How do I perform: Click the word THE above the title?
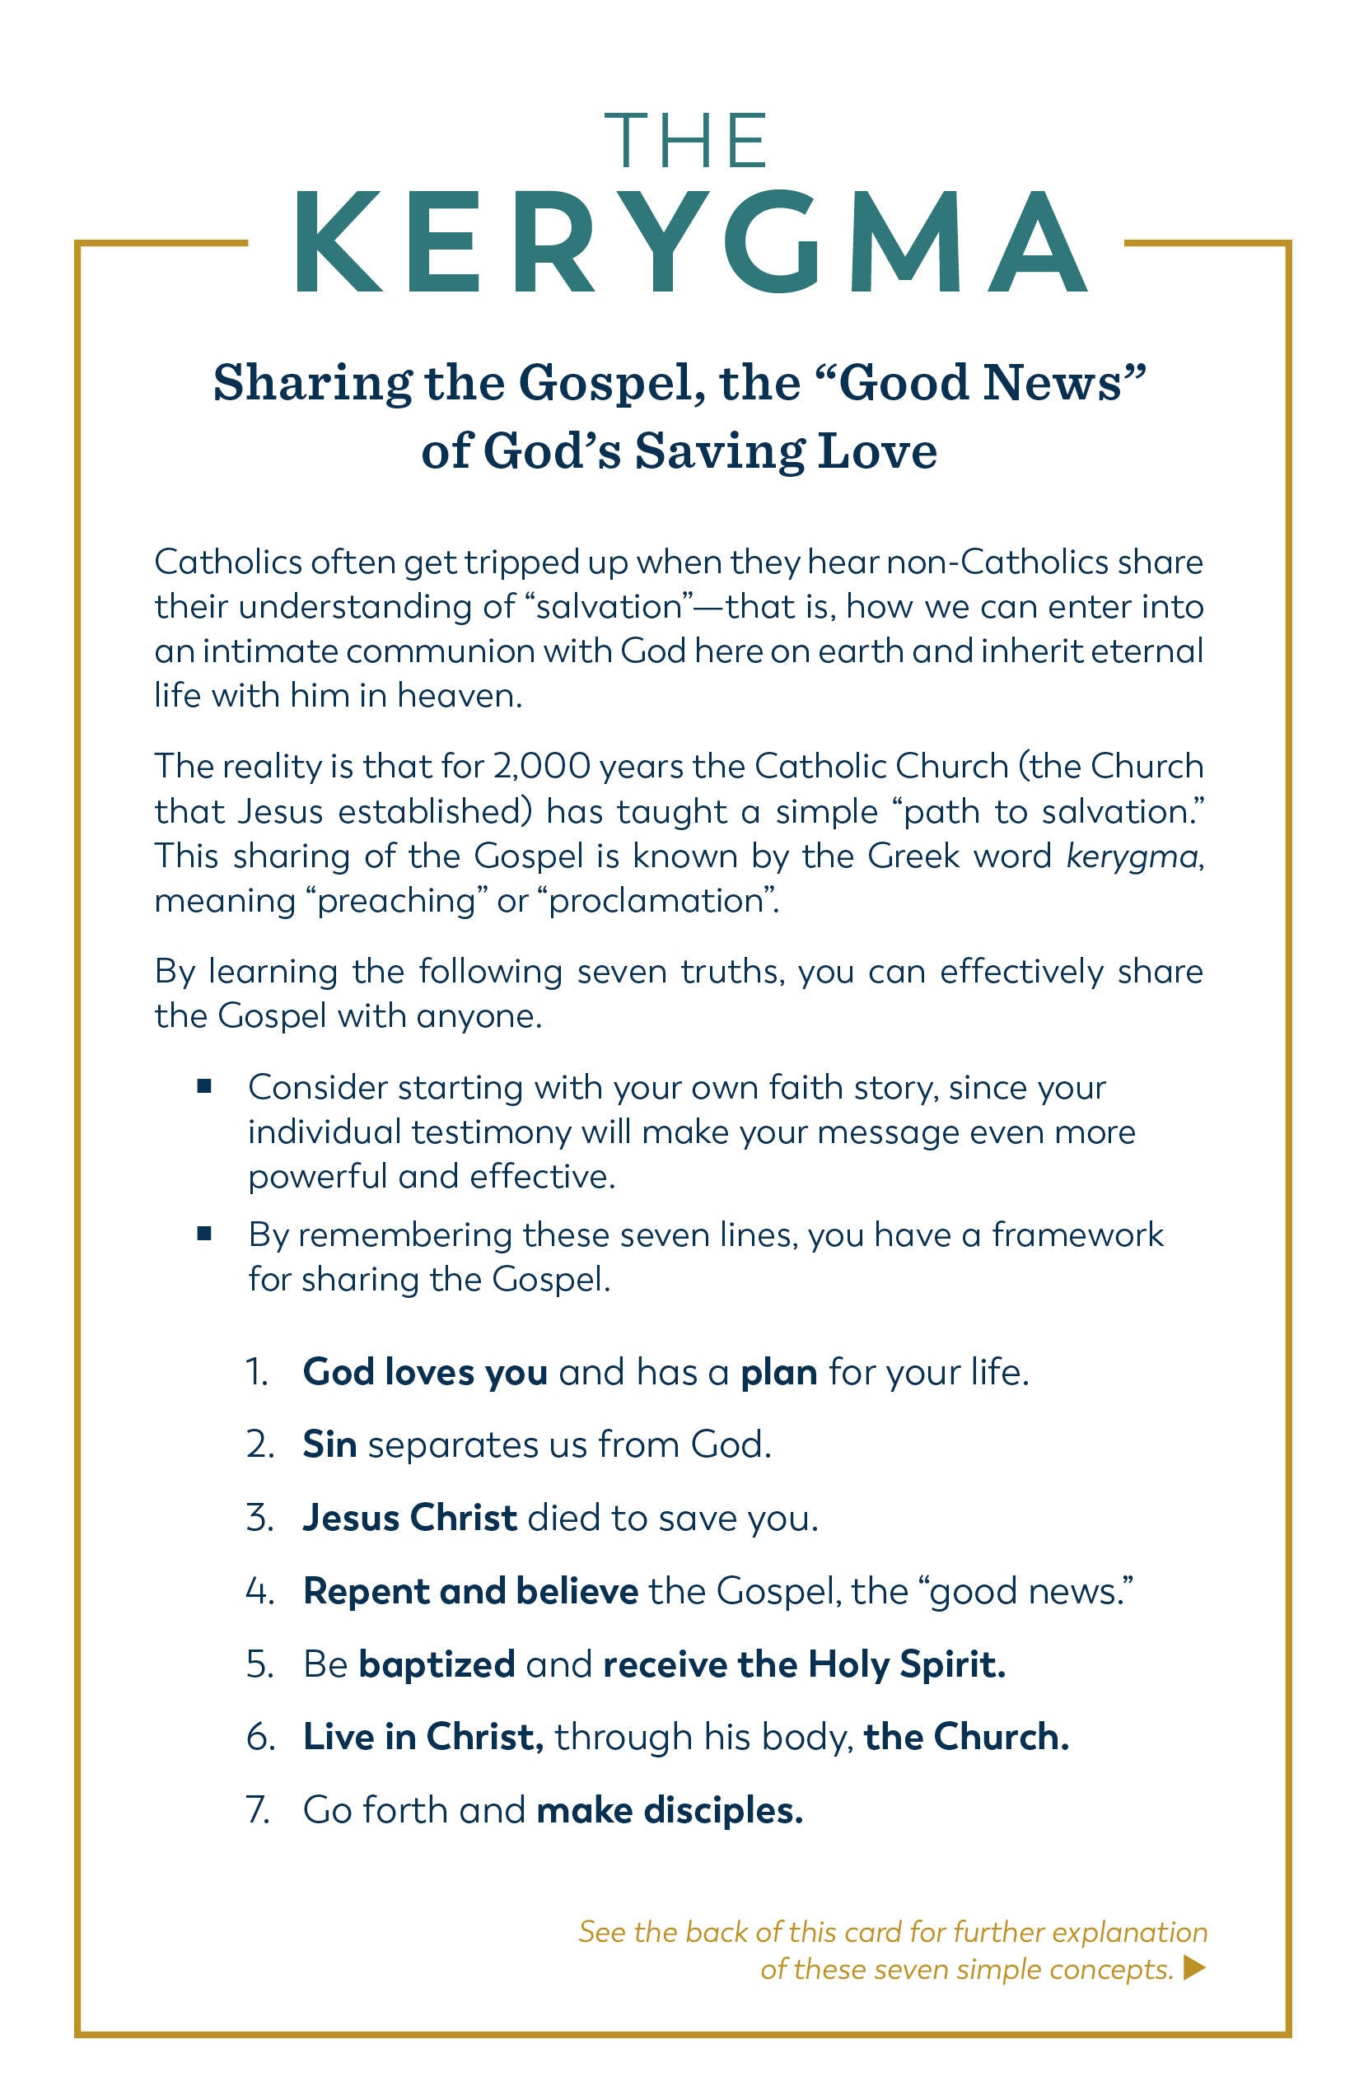click(685, 140)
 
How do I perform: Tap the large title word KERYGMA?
click(691, 243)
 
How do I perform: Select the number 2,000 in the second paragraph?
click(542, 766)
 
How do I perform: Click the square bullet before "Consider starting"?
click(205, 1087)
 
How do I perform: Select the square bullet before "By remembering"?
click(205, 1234)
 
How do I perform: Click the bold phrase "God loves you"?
click(425, 1372)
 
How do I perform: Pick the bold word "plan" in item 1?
click(779, 1372)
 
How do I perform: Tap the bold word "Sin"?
click(330, 1445)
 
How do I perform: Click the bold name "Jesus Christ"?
click(410, 1519)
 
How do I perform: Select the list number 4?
click(258, 1592)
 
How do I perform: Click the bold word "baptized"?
click(437, 1665)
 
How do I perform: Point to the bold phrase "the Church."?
click(966, 1738)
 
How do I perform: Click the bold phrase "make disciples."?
click(670, 1811)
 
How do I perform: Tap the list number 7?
click(258, 1811)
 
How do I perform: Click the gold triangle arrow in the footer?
click(1194, 1967)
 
